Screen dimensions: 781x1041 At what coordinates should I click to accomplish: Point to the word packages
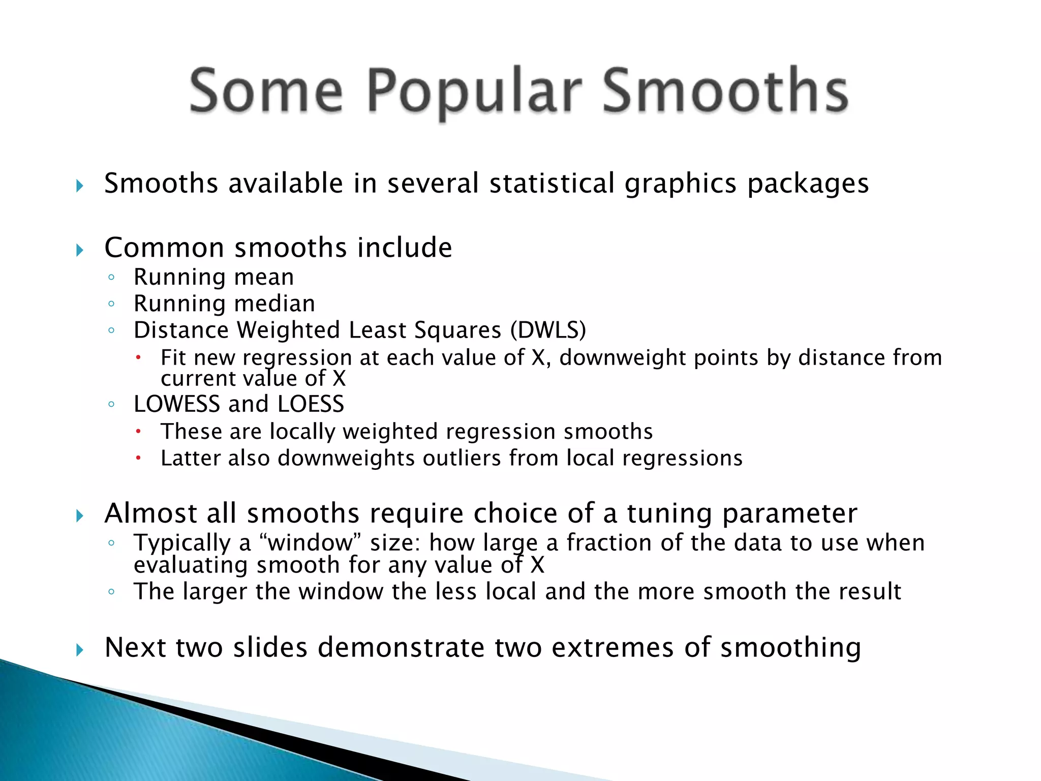pyautogui.click(x=808, y=184)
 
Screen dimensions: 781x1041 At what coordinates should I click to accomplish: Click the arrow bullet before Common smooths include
pyautogui.click(x=79, y=250)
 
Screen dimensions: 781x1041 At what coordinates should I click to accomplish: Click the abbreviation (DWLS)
pyautogui.click(x=548, y=331)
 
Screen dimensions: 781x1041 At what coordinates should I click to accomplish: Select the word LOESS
pyautogui.click(x=311, y=404)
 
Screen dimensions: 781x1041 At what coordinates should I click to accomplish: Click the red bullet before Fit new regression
pyautogui.click(x=138, y=357)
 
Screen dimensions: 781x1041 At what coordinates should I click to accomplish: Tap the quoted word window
pyautogui.click(x=310, y=543)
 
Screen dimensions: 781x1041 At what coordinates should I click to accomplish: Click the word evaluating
pyautogui.click(x=191, y=565)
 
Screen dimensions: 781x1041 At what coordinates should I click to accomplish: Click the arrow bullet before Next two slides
pyautogui.click(x=79, y=649)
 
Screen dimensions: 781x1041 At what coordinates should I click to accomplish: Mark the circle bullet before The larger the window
pyautogui.click(x=111, y=592)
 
